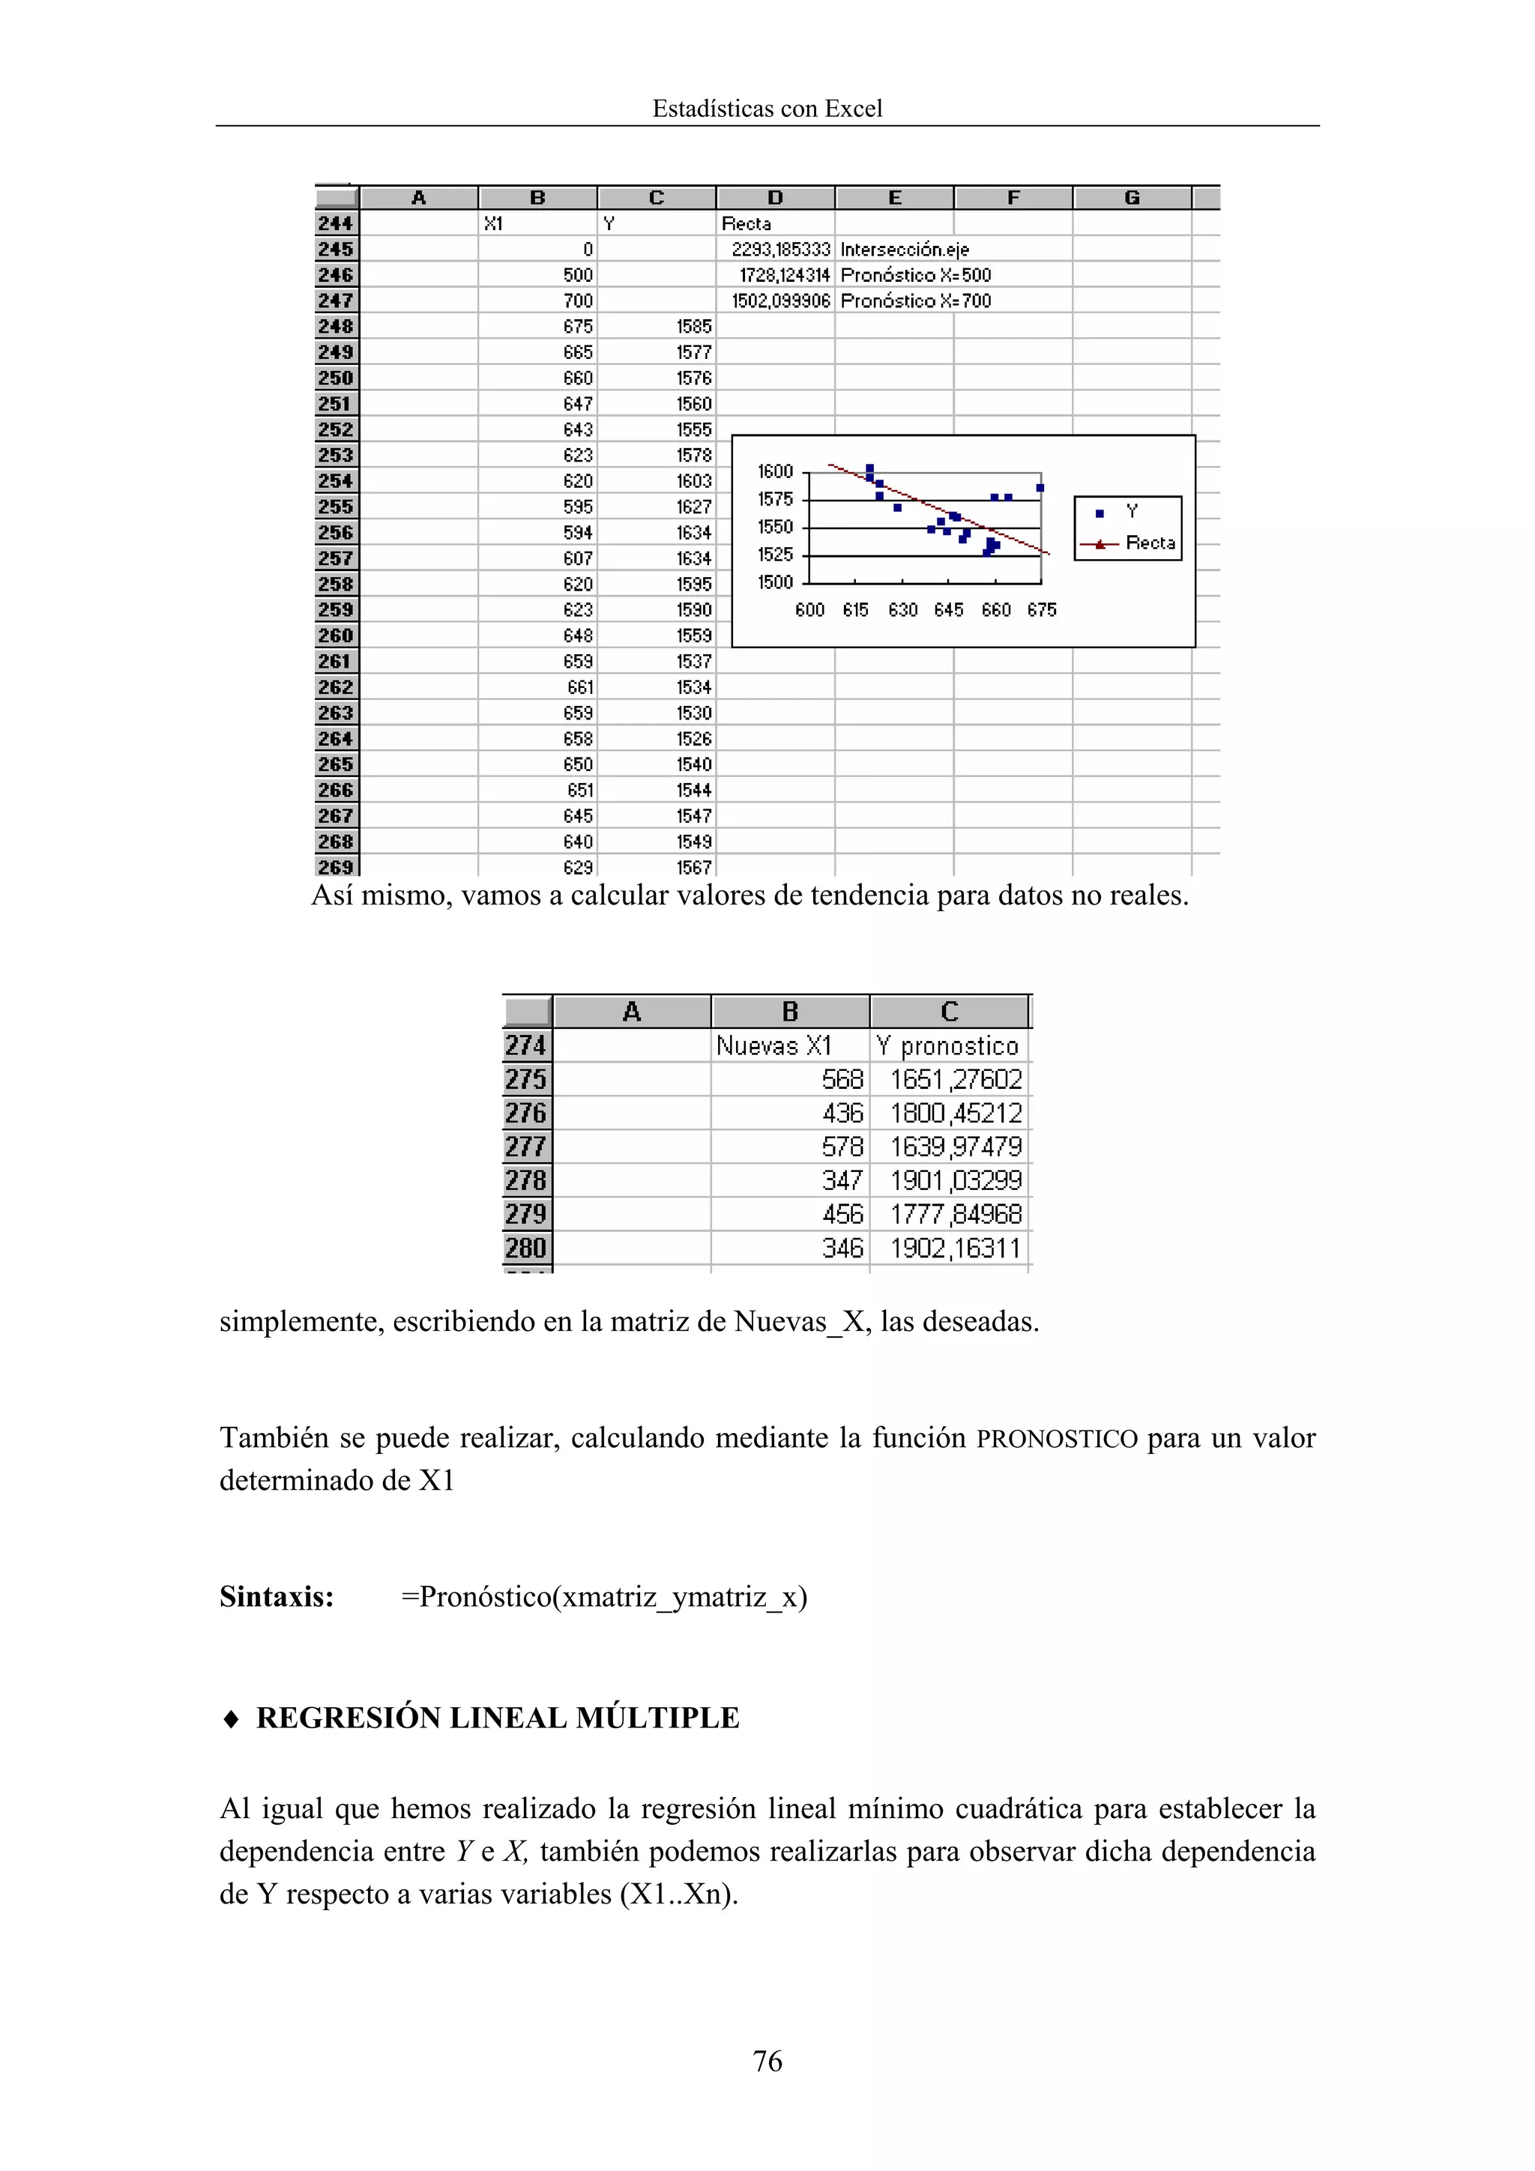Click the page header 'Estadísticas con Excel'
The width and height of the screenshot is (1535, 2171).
pyautogui.click(x=766, y=109)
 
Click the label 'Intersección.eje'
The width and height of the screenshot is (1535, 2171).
pyautogui.click(x=904, y=250)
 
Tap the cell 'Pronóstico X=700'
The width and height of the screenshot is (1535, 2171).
pyautogui.click(x=914, y=301)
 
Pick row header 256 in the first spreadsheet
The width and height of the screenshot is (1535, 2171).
pyautogui.click(x=336, y=532)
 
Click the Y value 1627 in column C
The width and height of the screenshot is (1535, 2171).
pyautogui.click(x=693, y=507)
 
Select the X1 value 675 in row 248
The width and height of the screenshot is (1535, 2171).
pyautogui.click(x=577, y=326)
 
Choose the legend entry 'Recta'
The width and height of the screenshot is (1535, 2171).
pyautogui.click(x=1149, y=543)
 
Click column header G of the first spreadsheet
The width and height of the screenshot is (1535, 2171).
pyautogui.click(x=1131, y=198)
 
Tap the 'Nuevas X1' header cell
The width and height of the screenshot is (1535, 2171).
pyautogui.click(x=773, y=1046)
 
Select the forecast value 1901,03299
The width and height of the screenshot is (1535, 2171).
pyautogui.click(x=955, y=1180)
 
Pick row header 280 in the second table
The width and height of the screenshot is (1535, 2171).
pyautogui.click(x=526, y=1248)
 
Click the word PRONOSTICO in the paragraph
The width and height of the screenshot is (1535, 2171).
pyautogui.click(x=1056, y=1439)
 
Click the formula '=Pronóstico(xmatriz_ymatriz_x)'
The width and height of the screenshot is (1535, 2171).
pyautogui.click(x=603, y=1597)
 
